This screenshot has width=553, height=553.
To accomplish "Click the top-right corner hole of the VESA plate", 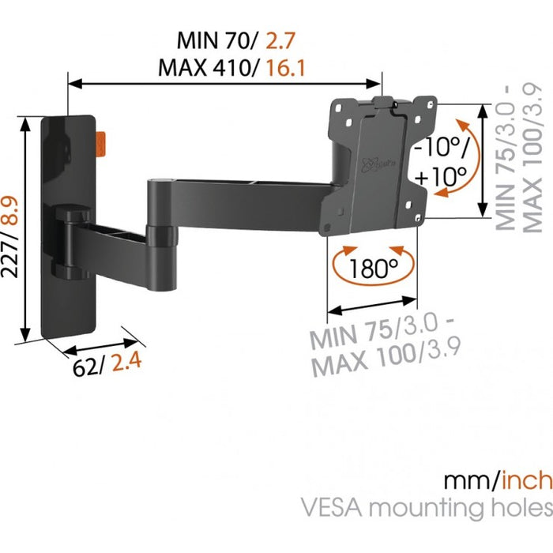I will (x=430, y=100).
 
